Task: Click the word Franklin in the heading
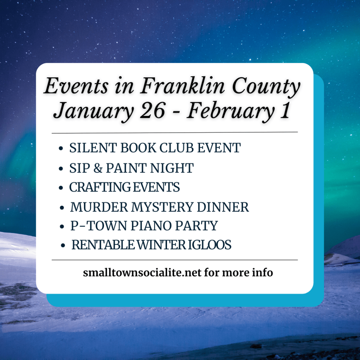(182, 86)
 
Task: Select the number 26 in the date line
(153, 110)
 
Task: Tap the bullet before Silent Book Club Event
(61, 148)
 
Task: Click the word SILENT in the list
(93, 148)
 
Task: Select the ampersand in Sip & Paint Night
(98, 168)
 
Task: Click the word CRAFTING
(100, 187)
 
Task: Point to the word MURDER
(99, 207)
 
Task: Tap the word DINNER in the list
(223, 207)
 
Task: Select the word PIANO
(151, 225)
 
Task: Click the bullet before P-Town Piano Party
(62, 227)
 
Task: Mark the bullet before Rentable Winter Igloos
(63, 246)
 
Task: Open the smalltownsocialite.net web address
(142, 272)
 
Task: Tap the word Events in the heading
(76, 86)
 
